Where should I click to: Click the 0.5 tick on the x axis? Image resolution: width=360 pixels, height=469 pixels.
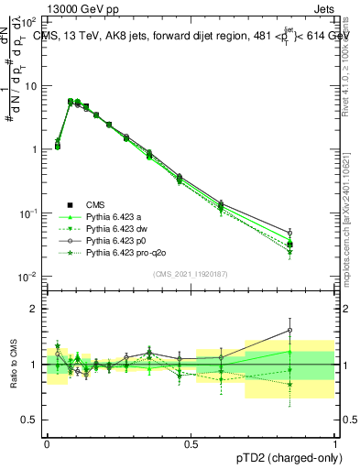click(x=191, y=443)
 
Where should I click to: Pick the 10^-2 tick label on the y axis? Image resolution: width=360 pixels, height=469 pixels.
click(x=28, y=277)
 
